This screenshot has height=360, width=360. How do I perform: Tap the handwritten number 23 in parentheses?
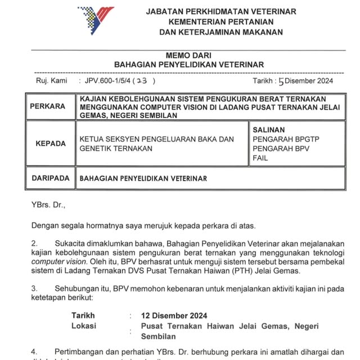click(x=142, y=81)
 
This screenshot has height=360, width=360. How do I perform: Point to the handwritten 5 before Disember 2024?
click(x=281, y=82)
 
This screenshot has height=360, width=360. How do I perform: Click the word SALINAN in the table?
click(x=269, y=129)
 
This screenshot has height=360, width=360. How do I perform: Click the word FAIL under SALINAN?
click(x=260, y=159)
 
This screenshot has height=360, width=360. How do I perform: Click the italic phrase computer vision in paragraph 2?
click(x=55, y=262)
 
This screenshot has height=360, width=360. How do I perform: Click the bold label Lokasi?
click(x=83, y=326)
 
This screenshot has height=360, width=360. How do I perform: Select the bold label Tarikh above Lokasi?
click(x=83, y=316)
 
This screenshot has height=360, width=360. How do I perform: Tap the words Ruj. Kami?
click(x=51, y=81)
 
